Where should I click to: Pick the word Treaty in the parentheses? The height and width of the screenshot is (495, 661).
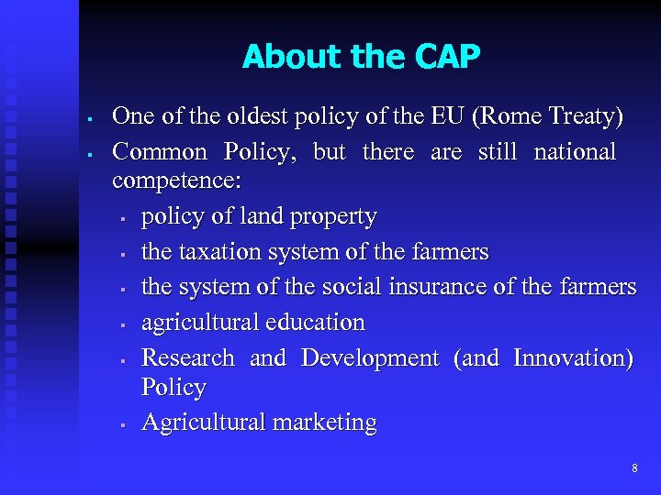click(x=584, y=117)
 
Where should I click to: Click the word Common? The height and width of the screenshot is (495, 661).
click(x=159, y=151)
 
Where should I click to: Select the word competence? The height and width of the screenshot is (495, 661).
click(x=174, y=181)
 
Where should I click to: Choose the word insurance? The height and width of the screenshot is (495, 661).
click(x=435, y=287)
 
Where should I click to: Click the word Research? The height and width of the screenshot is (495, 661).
click(x=188, y=357)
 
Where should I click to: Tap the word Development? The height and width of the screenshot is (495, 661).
click(x=370, y=357)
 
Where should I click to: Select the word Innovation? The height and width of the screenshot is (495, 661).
click(x=569, y=357)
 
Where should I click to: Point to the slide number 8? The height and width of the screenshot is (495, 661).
click(x=634, y=468)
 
